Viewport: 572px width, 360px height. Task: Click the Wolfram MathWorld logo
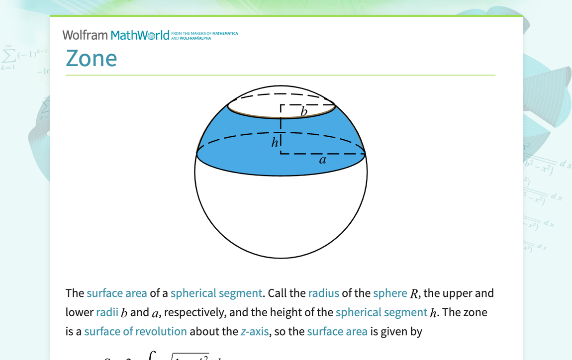[x=116, y=35]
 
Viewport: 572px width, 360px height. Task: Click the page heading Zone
[x=92, y=58]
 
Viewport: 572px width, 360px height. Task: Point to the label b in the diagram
[x=304, y=112]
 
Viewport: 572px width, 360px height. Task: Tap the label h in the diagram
[x=275, y=143]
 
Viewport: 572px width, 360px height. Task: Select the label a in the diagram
[x=322, y=160]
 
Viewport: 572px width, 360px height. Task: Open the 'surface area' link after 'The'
[x=117, y=293]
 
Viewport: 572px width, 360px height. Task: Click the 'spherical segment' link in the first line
[x=216, y=293]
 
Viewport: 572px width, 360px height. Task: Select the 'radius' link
[x=323, y=293]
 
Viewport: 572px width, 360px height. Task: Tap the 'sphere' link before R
[x=390, y=293]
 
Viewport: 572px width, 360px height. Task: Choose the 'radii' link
[x=107, y=312]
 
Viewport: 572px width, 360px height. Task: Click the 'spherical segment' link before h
[x=381, y=312]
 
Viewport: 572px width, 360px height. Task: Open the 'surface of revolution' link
[x=135, y=331]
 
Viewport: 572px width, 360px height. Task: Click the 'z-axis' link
[x=255, y=331]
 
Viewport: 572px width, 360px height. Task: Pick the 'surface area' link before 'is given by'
[x=337, y=331]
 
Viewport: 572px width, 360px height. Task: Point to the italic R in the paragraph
[x=414, y=294]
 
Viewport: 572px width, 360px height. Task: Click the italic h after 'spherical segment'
[x=434, y=313]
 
